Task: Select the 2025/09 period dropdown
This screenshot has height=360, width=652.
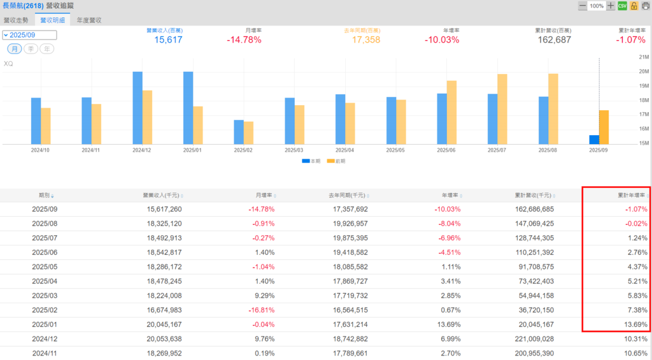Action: point(30,35)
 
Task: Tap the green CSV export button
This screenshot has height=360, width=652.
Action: point(623,6)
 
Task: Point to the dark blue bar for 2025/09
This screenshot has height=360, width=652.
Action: point(594,140)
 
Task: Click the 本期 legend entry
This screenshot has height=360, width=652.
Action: point(312,161)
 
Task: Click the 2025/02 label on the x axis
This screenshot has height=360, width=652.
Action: point(243,150)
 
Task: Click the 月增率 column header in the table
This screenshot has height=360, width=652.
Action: point(264,195)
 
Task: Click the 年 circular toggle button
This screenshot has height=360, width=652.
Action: point(46,49)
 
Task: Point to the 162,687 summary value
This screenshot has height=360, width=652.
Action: point(554,40)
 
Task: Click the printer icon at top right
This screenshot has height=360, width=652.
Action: point(646,6)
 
